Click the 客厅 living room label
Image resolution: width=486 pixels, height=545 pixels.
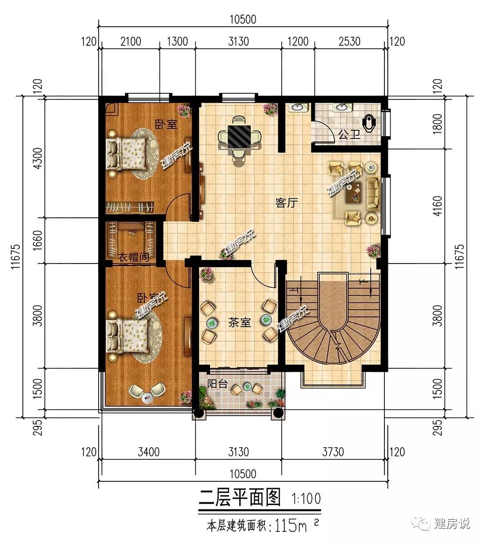click(287, 202)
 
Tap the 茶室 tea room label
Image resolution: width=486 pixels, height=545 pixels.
click(239, 322)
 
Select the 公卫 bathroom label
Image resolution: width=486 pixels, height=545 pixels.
click(349, 135)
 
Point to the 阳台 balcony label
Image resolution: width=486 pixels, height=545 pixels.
click(217, 384)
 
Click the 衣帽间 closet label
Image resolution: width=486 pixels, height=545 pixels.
click(134, 257)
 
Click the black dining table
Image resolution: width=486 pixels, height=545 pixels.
click(239, 136)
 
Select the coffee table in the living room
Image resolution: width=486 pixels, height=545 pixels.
click(354, 193)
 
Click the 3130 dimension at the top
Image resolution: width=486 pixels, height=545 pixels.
click(238, 41)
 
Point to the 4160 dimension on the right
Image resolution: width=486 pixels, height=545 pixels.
click(438, 206)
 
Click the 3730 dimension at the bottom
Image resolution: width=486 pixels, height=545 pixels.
click(333, 452)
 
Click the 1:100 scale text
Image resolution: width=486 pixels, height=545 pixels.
click(306, 499)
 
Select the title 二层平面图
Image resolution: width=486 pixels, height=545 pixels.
click(239, 497)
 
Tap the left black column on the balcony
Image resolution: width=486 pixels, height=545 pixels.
click(198, 413)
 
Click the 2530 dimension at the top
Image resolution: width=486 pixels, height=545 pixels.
click(349, 41)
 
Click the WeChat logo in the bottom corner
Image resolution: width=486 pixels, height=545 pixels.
click(420, 523)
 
